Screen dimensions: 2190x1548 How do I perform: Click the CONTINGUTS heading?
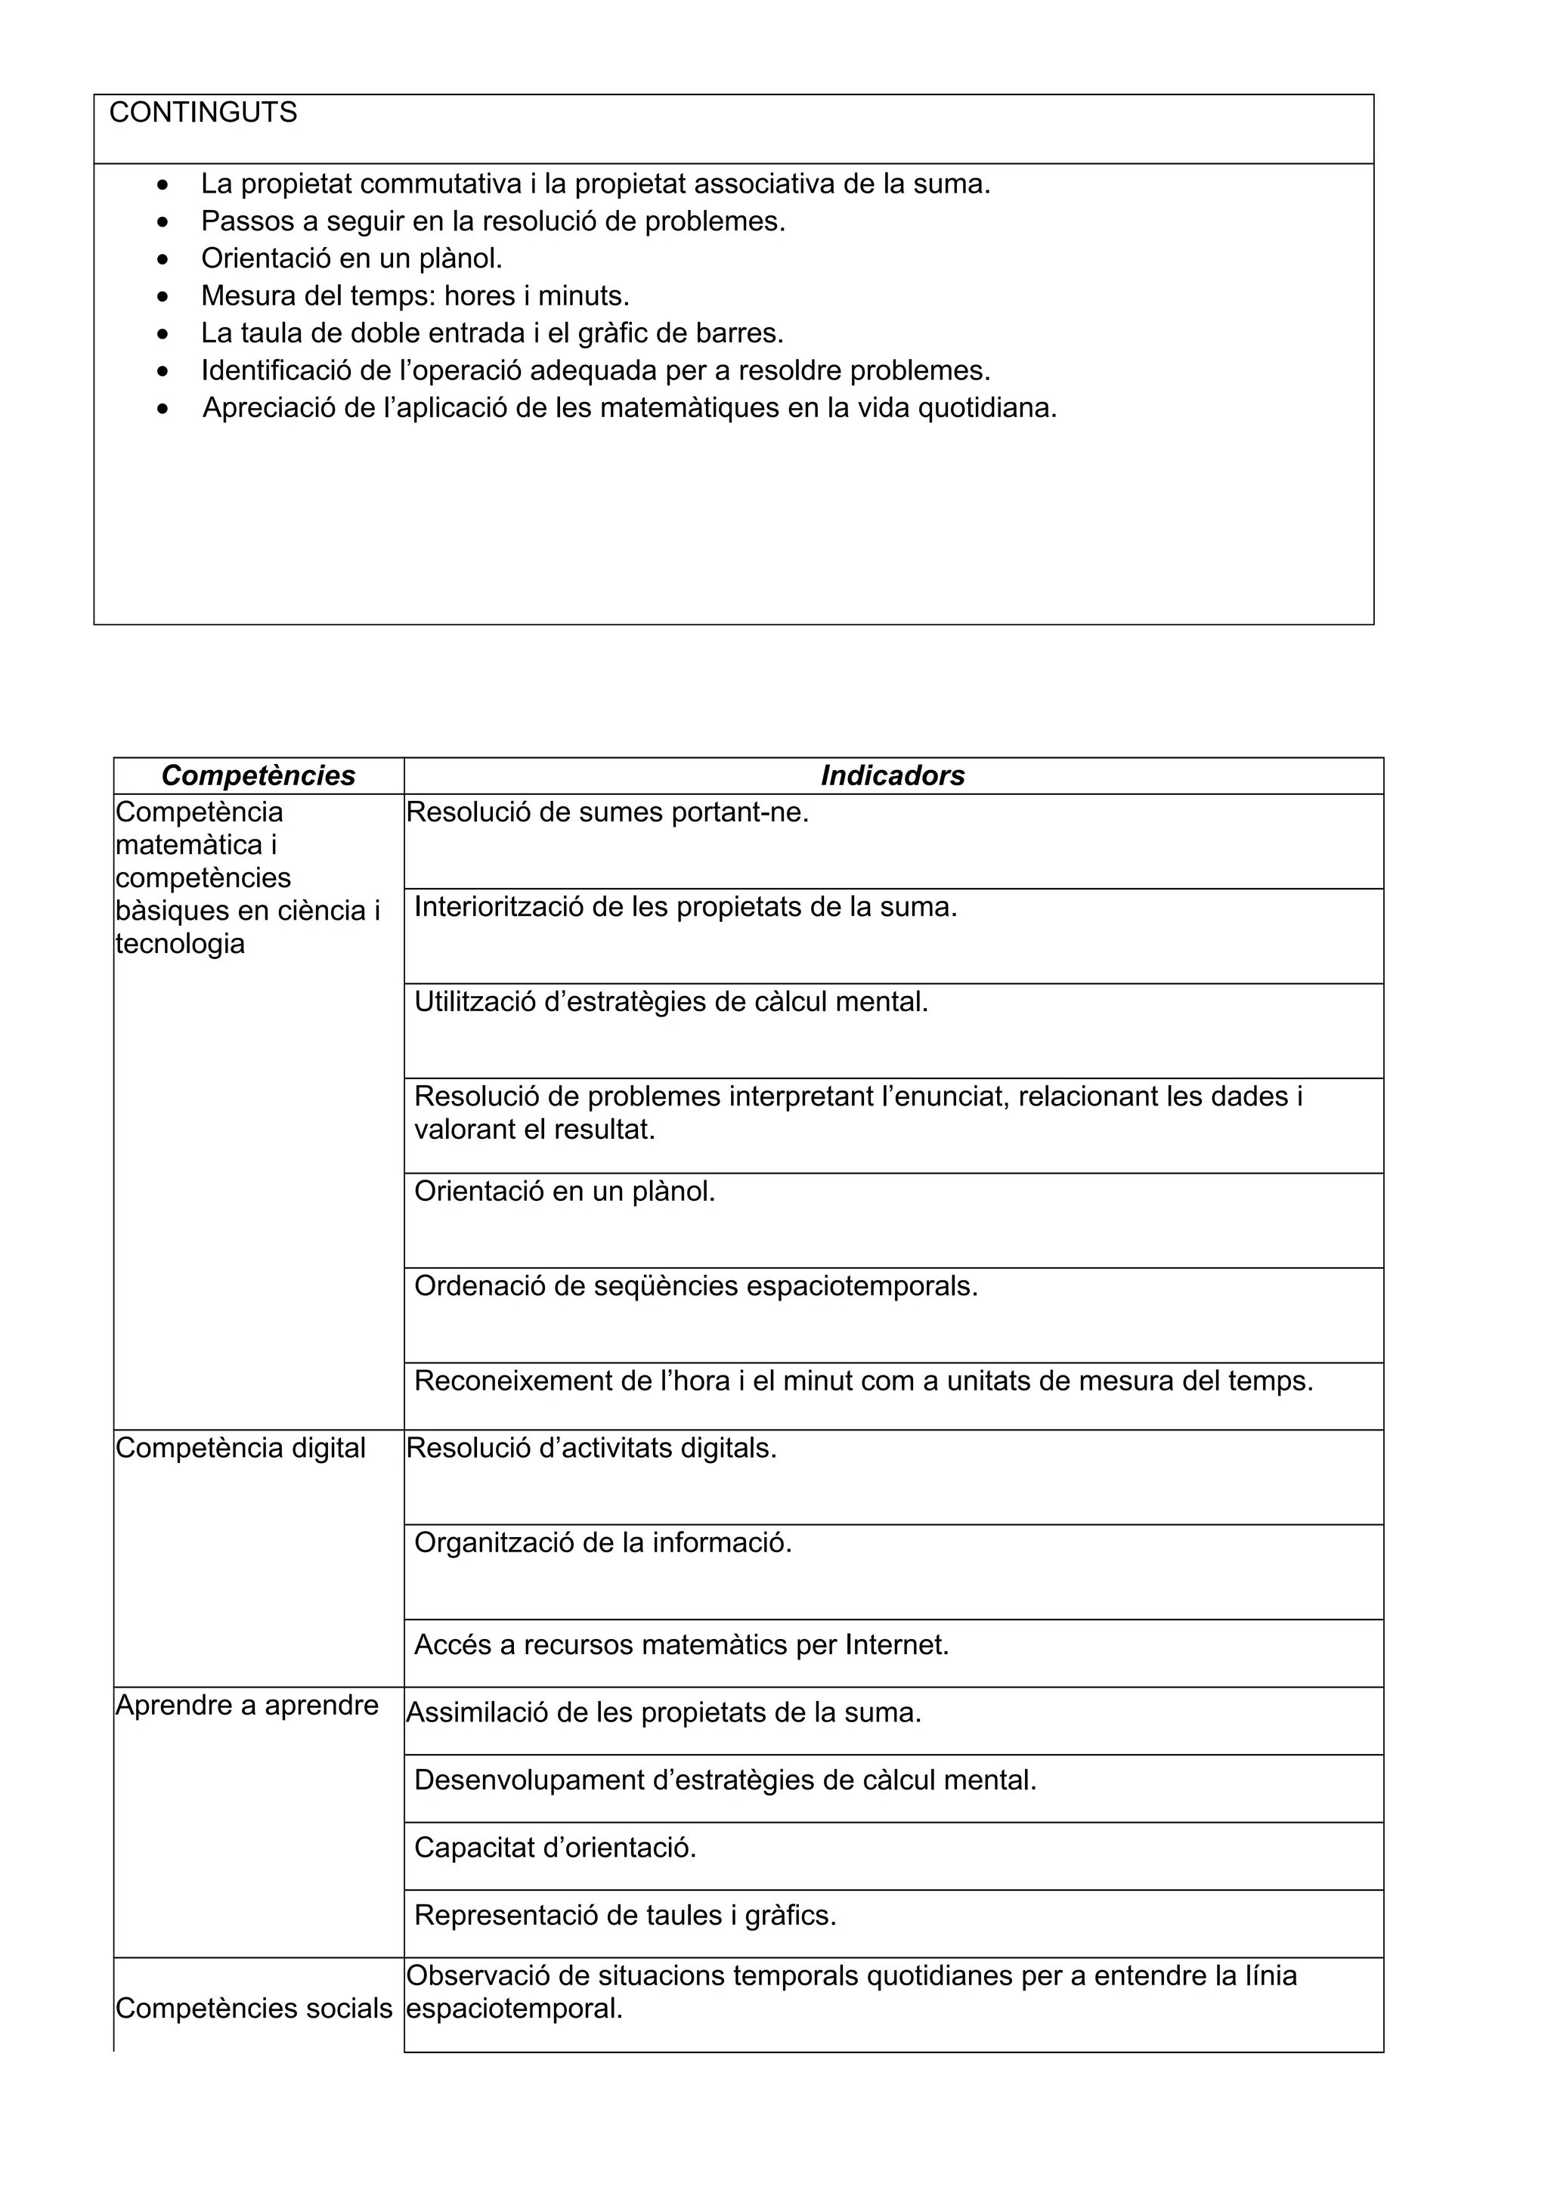pyautogui.click(x=203, y=113)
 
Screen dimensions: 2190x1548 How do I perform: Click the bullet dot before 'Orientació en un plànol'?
pyautogui.click(x=164, y=258)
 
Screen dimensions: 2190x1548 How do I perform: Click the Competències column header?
pyautogui.click(x=259, y=775)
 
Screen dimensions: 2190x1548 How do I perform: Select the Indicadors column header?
pyautogui.click(x=893, y=775)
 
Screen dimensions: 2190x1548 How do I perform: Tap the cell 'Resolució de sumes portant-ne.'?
pyautogui.click(x=608, y=812)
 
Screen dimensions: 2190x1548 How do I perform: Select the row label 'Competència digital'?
pyautogui.click(x=240, y=1448)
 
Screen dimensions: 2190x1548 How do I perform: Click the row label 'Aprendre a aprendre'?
pyautogui.click(x=247, y=1705)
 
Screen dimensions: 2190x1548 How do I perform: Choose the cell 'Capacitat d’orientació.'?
pyautogui.click(x=555, y=1848)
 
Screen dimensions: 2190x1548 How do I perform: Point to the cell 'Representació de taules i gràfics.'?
pyautogui.click(x=625, y=1914)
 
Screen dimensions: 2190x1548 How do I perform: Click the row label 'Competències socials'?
pyautogui.click(x=254, y=2008)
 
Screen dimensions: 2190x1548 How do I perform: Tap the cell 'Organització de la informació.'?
pyautogui.click(x=602, y=1542)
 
